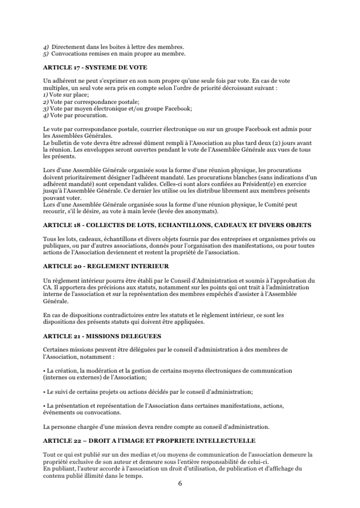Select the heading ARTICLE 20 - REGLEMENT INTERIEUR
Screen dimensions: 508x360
105,266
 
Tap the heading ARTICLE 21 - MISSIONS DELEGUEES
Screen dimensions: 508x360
102,336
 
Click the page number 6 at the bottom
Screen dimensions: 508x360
180,483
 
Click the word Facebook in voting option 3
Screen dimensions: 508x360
180,108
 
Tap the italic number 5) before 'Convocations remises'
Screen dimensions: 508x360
46,53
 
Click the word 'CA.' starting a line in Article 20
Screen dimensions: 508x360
47,288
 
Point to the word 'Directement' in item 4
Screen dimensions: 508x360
68,46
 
